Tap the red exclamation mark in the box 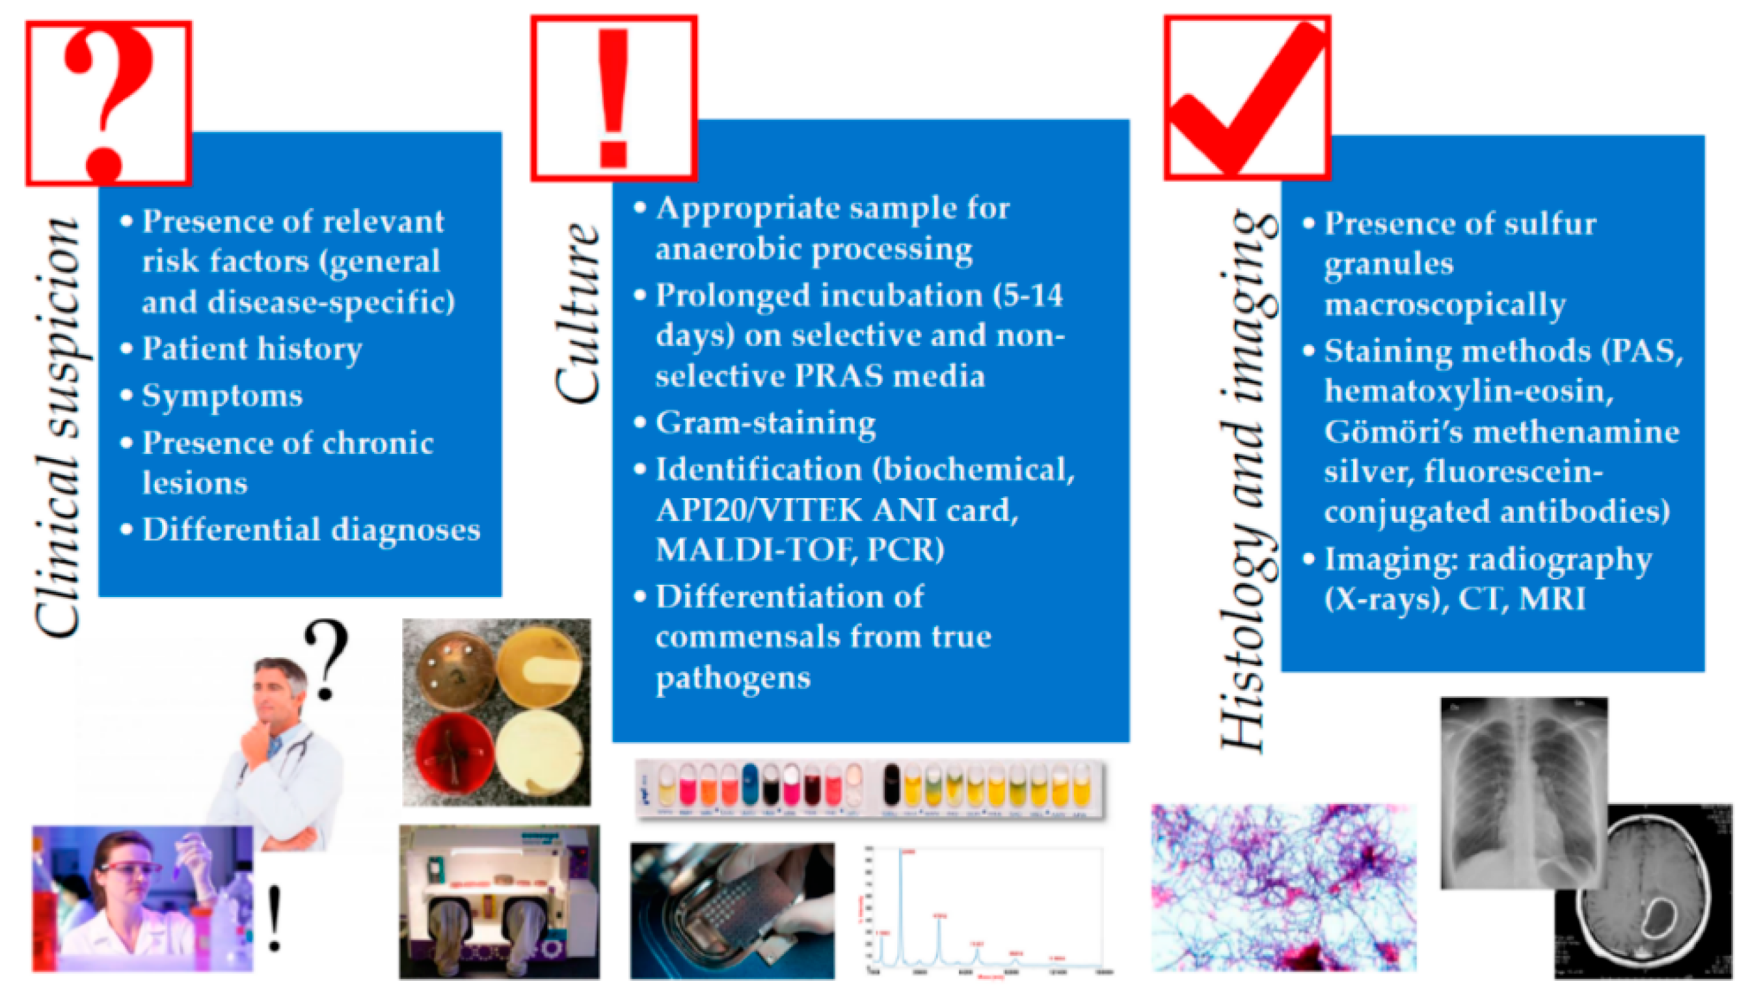pyautogui.click(x=613, y=98)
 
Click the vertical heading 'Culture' pyautogui.click(x=578, y=313)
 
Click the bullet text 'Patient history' pyautogui.click(x=252, y=349)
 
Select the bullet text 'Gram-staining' pyautogui.click(x=765, y=423)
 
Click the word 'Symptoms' pyautogui.click(x=222, y=396)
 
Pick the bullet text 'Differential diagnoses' pyautogui.click(x=311, y=529)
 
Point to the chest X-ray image pyautogui.click(x=1523, y=791)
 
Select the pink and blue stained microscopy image pyautogui.click(x=1284, y=887)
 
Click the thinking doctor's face pyautogui.click(x=278, y=695)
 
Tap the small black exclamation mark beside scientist pyautogui.click(x=275, y=918)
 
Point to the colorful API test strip pyautogui.click(x=870, y=789)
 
